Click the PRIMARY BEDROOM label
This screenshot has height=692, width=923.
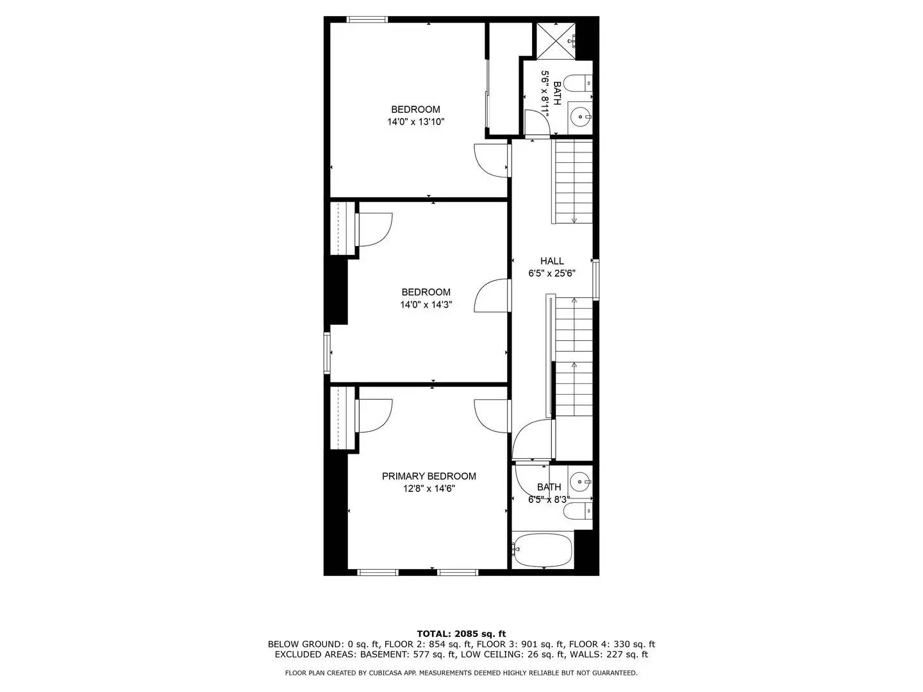pos(429,476)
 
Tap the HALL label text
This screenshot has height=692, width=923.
pos(552,261)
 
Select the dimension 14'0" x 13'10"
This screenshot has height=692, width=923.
pos(415,121)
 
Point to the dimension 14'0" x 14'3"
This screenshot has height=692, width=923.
pos(426,305)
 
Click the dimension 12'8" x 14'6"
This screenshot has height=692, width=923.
pos(429,488)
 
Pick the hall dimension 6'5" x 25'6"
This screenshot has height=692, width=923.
pos(552,273)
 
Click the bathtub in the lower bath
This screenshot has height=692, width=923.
pos(543,550)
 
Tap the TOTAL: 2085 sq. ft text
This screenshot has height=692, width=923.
pos(461,634)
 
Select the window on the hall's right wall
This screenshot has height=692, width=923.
pos(595,279)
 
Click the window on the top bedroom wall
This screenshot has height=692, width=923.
pos(367,20)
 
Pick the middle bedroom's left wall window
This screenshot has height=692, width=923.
pos(327,352)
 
